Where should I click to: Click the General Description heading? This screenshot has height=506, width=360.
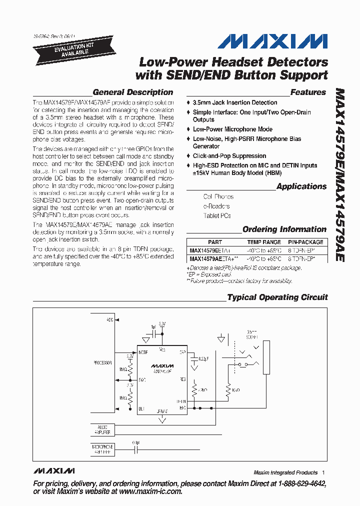tap(133, 92)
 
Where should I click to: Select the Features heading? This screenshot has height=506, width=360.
tap(308, 92)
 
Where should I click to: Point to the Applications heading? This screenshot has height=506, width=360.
tap(301, 186)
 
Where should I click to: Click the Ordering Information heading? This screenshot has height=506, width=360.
tap(284, 229)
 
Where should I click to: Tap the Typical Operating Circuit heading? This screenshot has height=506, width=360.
tap(277, 297)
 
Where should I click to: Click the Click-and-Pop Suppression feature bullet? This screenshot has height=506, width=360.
tap(229, 156)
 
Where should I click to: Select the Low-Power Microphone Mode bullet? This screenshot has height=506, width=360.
tap(232, 129)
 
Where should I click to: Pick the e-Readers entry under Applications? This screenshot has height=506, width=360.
tap(216, 206)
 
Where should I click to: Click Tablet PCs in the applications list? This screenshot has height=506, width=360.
tap(217, 216)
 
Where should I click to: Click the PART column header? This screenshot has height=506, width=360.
tap(215, 242)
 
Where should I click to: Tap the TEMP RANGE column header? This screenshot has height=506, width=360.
tap(263, 242)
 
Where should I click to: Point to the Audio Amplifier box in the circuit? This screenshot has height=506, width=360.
tap(102, 429)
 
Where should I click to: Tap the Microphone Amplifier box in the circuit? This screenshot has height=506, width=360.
tap(102, 448)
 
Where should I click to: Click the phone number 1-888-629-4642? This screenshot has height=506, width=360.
tap(298, 484)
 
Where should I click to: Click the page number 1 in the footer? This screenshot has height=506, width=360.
tap(323, 472)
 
